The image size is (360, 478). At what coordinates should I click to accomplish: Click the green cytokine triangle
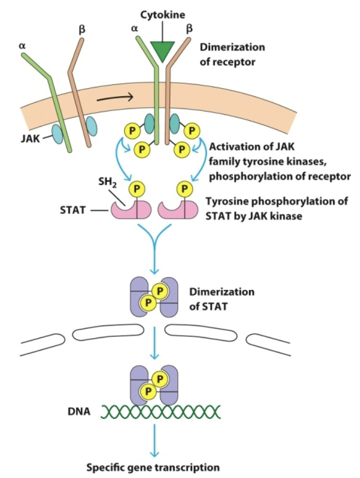coord(161,51)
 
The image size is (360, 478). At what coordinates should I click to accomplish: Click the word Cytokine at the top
coord(161,15)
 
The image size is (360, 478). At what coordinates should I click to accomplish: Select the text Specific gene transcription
coord(154,468)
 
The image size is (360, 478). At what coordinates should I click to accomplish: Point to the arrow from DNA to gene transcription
coord(155,440)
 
